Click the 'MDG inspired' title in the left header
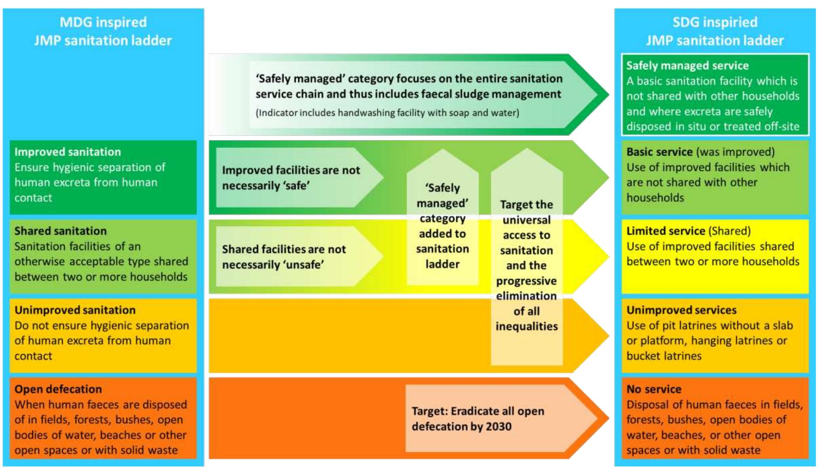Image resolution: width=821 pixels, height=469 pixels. coord(103,22)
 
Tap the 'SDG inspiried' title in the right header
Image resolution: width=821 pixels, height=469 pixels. coord(715,22)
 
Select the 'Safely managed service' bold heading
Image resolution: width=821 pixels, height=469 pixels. coord(687,66)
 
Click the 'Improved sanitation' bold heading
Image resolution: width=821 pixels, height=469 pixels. coord(68,152)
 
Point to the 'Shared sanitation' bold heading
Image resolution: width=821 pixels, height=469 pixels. coord(60,231)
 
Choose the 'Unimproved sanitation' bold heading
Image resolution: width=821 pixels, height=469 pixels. coord(75,310)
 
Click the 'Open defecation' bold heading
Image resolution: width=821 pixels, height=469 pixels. coord(58,389)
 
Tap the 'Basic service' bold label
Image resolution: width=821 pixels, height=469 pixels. coord(659,152)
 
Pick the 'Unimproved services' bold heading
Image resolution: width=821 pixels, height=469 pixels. coord(681,310)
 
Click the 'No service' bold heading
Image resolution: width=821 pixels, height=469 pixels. coord(654,389)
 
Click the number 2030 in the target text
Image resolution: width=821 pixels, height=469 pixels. coord(498,426)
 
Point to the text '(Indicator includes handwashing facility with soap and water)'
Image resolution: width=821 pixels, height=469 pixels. coord(387,113)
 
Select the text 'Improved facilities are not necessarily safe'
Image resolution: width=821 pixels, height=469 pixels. coord(291,178)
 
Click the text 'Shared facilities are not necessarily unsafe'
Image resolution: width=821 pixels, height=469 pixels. coord(284,257)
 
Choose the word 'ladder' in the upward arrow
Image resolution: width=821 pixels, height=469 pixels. coord(442,264)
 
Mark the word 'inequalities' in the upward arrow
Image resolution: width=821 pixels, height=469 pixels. coord(526,326)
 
